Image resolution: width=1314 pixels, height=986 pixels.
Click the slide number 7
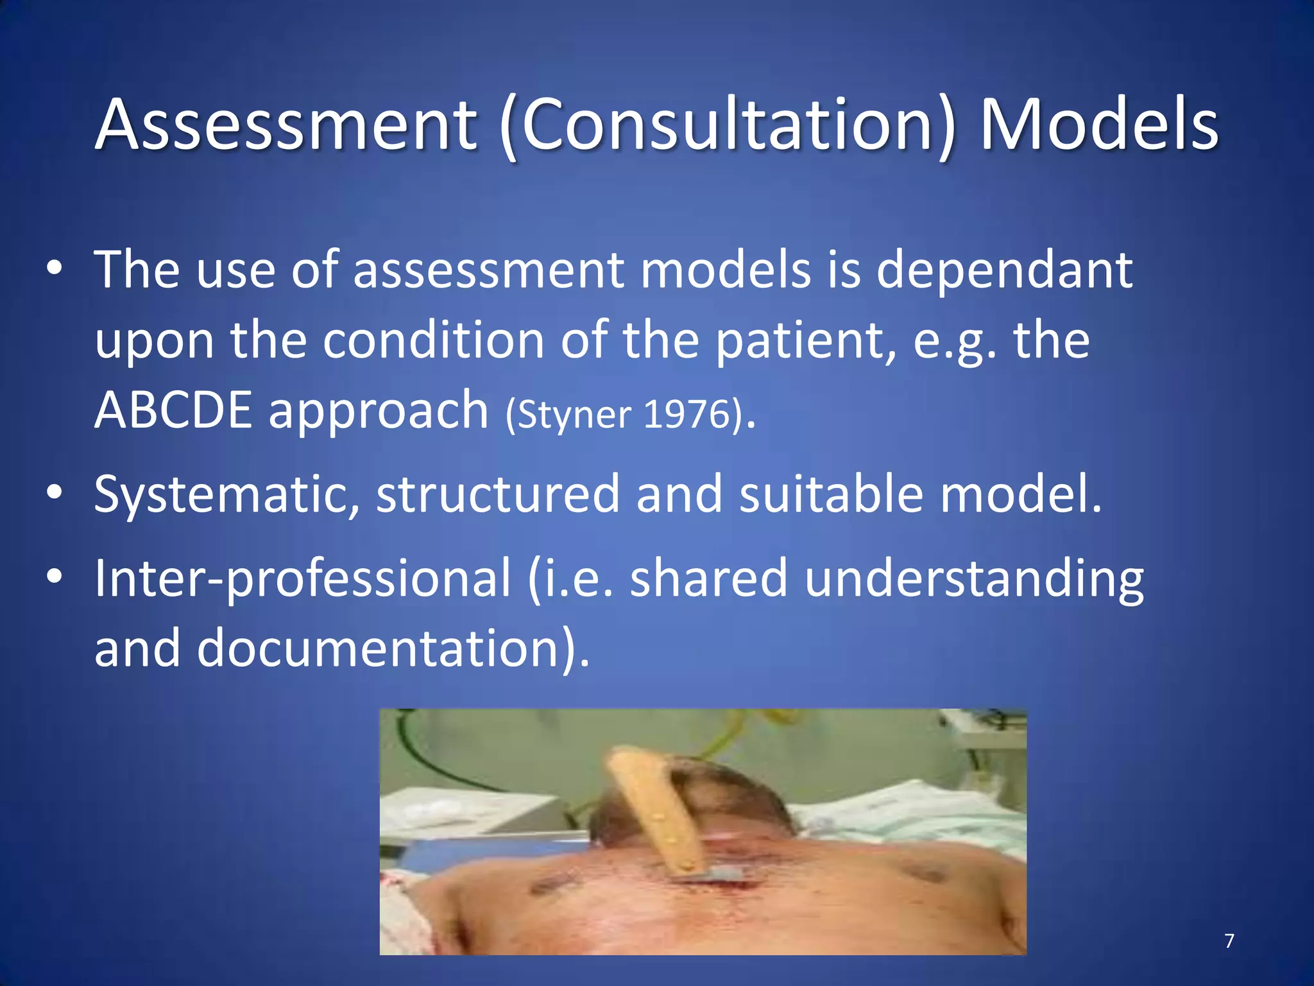click(x=1229, y=941)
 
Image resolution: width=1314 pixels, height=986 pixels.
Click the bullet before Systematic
click(x=55, y=492)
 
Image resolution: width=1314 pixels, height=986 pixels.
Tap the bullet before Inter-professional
click(x=55, y=576)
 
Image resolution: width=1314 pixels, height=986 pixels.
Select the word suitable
click(x=831, y=495)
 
